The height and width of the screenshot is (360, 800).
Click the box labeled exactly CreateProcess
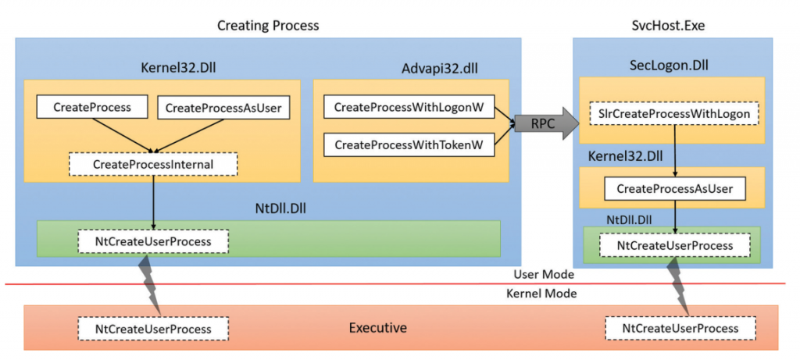tap(92, 107)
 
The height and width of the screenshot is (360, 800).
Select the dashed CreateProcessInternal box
tap(153, 164)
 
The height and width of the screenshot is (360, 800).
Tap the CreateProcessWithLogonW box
tap(409, 107)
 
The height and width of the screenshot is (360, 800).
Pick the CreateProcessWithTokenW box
tap(409, 144)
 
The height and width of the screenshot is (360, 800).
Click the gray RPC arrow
tap(547, 123)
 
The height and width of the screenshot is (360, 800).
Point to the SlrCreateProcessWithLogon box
tap(674, 114)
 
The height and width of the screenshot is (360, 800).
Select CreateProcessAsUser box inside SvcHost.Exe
tap(674, 189)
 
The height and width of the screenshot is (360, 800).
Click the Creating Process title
tap(269, 26)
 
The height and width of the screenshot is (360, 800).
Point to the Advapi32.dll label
tap(441, 68)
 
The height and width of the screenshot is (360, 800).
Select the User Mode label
tap(544, 274)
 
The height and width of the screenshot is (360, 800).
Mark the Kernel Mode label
tap(541, 294)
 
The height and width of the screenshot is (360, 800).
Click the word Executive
tap(378, 327)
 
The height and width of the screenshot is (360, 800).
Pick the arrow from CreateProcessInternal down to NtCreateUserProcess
tap(153, 203)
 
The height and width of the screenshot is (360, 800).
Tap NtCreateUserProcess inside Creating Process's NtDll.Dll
tap(153, 242)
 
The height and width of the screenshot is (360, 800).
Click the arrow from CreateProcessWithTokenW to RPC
tap(505, 135)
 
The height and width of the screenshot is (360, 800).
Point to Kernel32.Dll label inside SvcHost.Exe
tap(625, 156)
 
